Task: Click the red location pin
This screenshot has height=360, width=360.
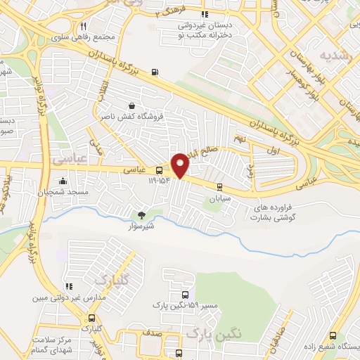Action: pyautogui.click(x=181, y=165)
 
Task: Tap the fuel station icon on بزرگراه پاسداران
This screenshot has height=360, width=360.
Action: pyautogui.click(x=154, y=72)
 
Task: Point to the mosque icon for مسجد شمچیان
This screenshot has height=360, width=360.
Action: pyautogui.click(x=64, y=180)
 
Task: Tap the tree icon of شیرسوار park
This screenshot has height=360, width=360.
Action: pyautogui.click(x=141, y=215)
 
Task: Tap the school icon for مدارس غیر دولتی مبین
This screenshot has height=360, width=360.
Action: pyautogui.click(x=69, y=286)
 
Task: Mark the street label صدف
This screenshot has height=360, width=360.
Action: pyautogui.click(x=157, y=333)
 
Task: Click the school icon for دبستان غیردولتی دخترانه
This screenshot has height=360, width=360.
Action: pyautogui.click(x=205, y=14)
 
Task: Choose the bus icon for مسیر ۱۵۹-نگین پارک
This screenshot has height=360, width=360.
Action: pyautogui.click(x=184, y=295)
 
